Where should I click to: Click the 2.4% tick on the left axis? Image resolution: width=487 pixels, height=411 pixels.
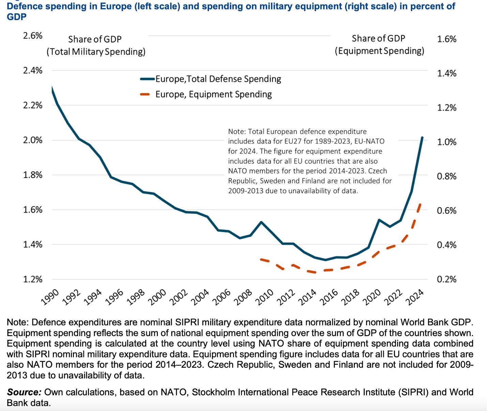33,70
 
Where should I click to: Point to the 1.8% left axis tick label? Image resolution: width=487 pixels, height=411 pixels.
33,175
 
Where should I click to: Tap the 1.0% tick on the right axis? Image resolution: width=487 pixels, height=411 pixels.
446,142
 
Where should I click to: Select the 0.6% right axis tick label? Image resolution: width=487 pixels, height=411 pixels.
446,211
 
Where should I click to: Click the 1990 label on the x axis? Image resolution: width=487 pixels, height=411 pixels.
50,296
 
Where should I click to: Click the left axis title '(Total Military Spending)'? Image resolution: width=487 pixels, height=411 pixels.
96,52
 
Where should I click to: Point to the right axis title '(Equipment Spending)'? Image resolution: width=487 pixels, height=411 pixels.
379,51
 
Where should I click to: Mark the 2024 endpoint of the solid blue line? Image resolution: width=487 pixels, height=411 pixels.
422,138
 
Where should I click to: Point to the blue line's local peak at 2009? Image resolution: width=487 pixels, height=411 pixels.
261,222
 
